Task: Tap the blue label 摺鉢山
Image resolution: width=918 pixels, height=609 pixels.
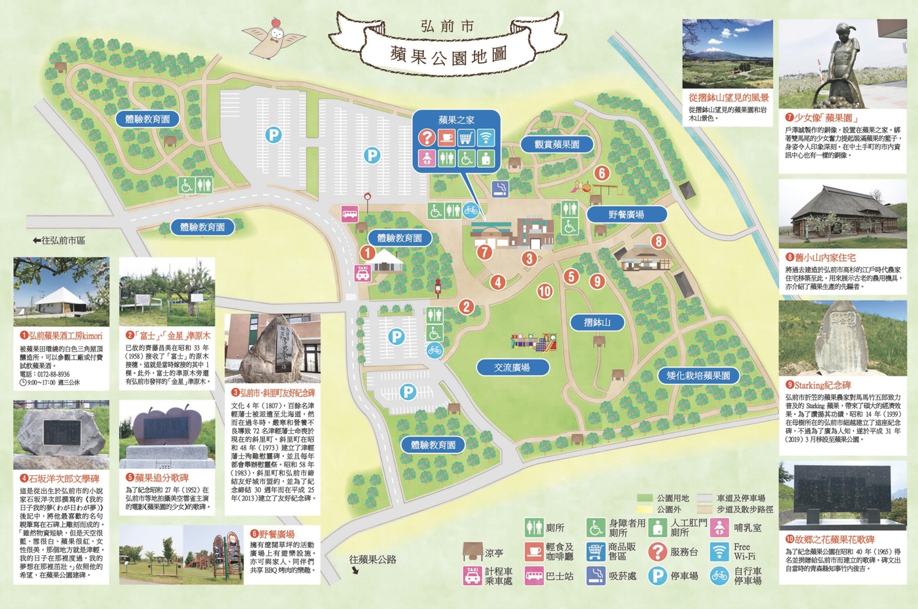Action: coord(597,322)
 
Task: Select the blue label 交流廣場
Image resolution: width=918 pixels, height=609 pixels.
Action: coord(512,367)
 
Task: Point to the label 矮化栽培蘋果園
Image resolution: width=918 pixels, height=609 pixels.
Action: coord(698,376)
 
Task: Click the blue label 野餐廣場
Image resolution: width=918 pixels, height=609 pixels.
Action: coord(626,215)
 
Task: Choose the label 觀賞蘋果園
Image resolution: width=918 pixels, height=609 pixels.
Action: coord(556,145)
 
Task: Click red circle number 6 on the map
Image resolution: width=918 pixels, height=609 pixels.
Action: coord(602,174)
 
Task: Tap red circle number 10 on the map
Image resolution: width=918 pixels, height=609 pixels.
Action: coord(545,291)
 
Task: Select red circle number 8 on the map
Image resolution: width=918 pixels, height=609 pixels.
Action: coord(659,241)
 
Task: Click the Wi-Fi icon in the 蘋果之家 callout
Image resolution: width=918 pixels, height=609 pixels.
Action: coord(485,138)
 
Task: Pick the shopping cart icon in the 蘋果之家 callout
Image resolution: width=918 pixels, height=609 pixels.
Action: coord(466,138)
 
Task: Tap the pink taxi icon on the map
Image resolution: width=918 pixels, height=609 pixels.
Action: coord(363,273)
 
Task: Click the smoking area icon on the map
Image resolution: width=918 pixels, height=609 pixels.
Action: coord(500,189)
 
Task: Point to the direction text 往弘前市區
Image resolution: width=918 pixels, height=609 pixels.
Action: coord(59,240)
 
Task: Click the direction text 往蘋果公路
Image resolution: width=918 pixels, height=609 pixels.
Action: coord(372,560)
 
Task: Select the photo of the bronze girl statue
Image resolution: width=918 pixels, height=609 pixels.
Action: coord(842,64)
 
